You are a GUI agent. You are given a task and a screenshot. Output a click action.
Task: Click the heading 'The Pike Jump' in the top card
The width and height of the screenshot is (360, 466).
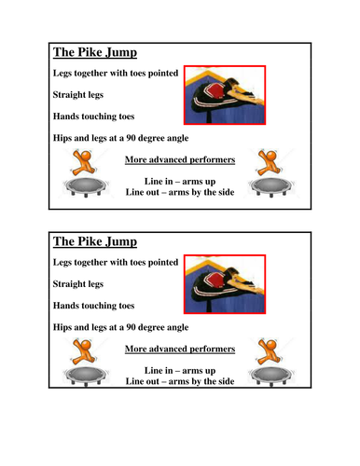tap(96, 53)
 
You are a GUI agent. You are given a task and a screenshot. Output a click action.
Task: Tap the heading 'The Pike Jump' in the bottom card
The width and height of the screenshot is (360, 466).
tap(96, 241)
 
